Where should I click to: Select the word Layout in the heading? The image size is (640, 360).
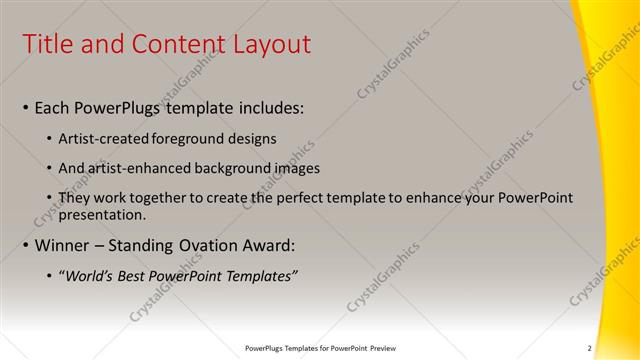pos(272,44)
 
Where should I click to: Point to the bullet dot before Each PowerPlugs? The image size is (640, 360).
pos(25,107)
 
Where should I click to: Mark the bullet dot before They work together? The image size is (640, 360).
pos(51,198)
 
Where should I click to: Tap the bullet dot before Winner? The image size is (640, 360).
pos(25,245)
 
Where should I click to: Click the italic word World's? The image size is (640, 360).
pos(91,275)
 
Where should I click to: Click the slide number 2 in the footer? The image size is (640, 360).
pos(589,348)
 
